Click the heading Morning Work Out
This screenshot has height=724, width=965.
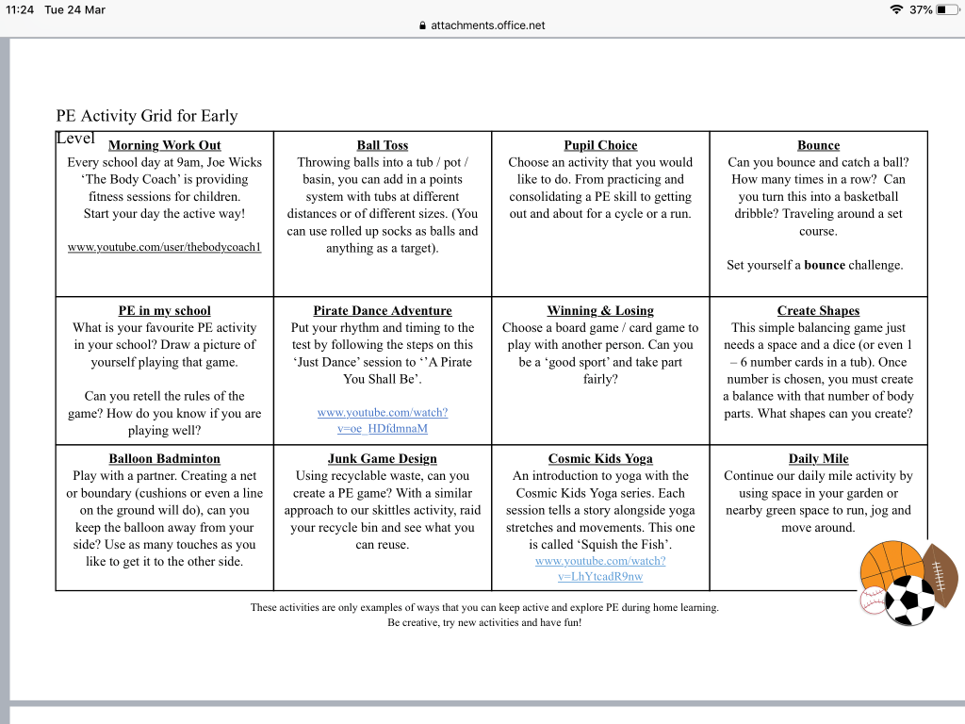coord(164,145)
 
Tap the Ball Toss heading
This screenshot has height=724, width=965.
coord(383,145)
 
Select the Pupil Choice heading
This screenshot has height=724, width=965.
coord(600,145)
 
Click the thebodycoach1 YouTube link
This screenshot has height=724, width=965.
coord(164,247)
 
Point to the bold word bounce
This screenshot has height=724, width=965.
coord(825,265)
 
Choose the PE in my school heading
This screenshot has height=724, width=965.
coord(164,311)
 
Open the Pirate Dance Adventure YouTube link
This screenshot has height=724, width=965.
coord(382,420)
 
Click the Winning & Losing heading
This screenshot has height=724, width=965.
coord(600,311)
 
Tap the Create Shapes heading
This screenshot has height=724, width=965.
coord(818,311)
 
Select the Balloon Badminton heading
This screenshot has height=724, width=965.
coord(164,459)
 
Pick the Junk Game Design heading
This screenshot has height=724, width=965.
coord(382,459)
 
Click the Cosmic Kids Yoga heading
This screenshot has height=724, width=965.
coord(600,459)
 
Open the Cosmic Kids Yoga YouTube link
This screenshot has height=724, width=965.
coord(600,568)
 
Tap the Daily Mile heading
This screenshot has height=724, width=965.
coord(818,459)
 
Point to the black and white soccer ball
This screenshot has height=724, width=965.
coord(909,600)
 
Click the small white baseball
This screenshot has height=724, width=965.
coord(874,601)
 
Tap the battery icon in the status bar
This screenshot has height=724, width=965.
coord(946,10)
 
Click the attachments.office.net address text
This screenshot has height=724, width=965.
coord(488,25)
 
